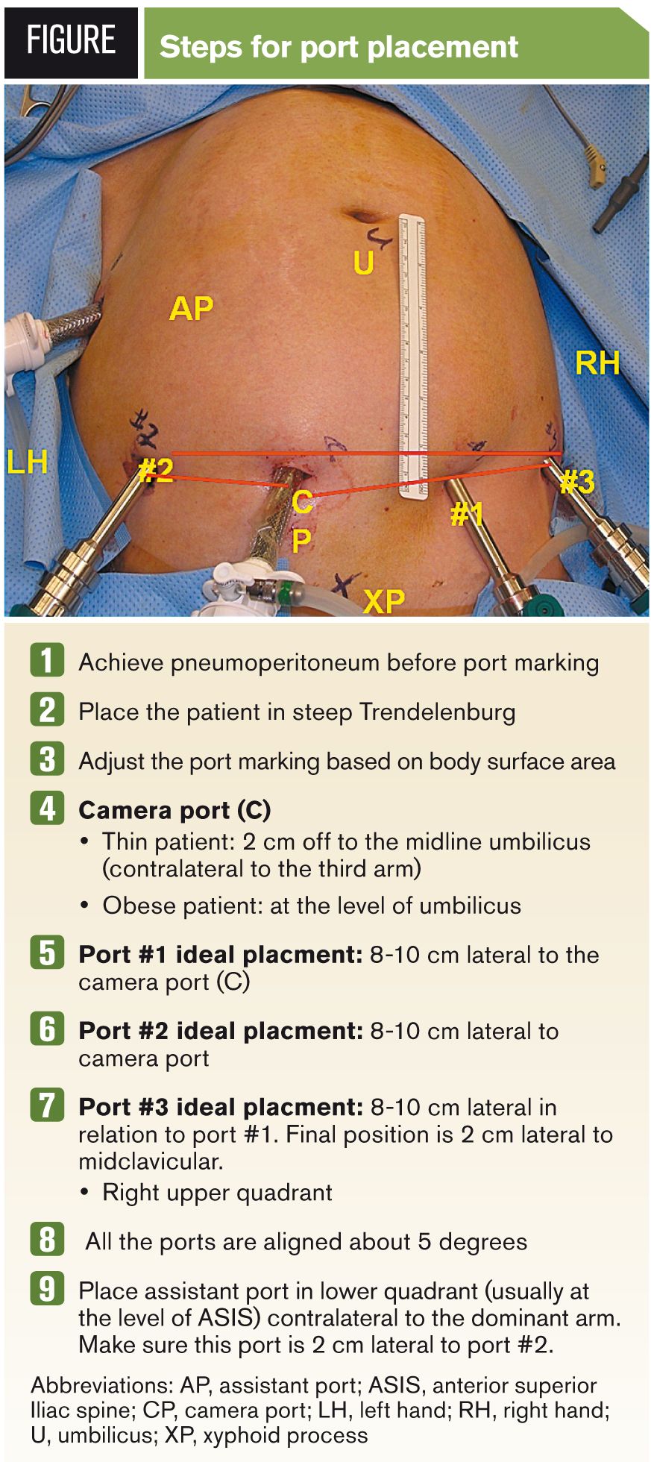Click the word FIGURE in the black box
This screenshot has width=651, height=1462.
coord(72,41)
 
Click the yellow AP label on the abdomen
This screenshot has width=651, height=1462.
coord(192,308)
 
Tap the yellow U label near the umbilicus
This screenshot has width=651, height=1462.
coord(363,263)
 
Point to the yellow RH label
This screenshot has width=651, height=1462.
coord(597,363)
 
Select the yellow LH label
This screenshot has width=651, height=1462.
coord(28,462)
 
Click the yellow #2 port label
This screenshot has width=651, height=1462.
coord(157,471)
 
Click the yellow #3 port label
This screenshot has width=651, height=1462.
coord(577,482)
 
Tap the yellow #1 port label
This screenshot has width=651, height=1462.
coord(468,514)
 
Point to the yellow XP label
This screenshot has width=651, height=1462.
coord(384,600)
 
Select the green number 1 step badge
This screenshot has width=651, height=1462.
coord(47,661)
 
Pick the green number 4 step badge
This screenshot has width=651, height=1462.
coord(47,809)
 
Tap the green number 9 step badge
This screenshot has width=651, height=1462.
coord(47,1289)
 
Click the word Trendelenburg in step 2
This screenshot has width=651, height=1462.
coord(437,712)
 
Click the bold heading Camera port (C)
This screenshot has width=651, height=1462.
coord(174,810)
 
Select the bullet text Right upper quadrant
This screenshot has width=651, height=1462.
coord(217,1192)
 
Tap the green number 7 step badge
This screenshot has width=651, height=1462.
coord(47,1105)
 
